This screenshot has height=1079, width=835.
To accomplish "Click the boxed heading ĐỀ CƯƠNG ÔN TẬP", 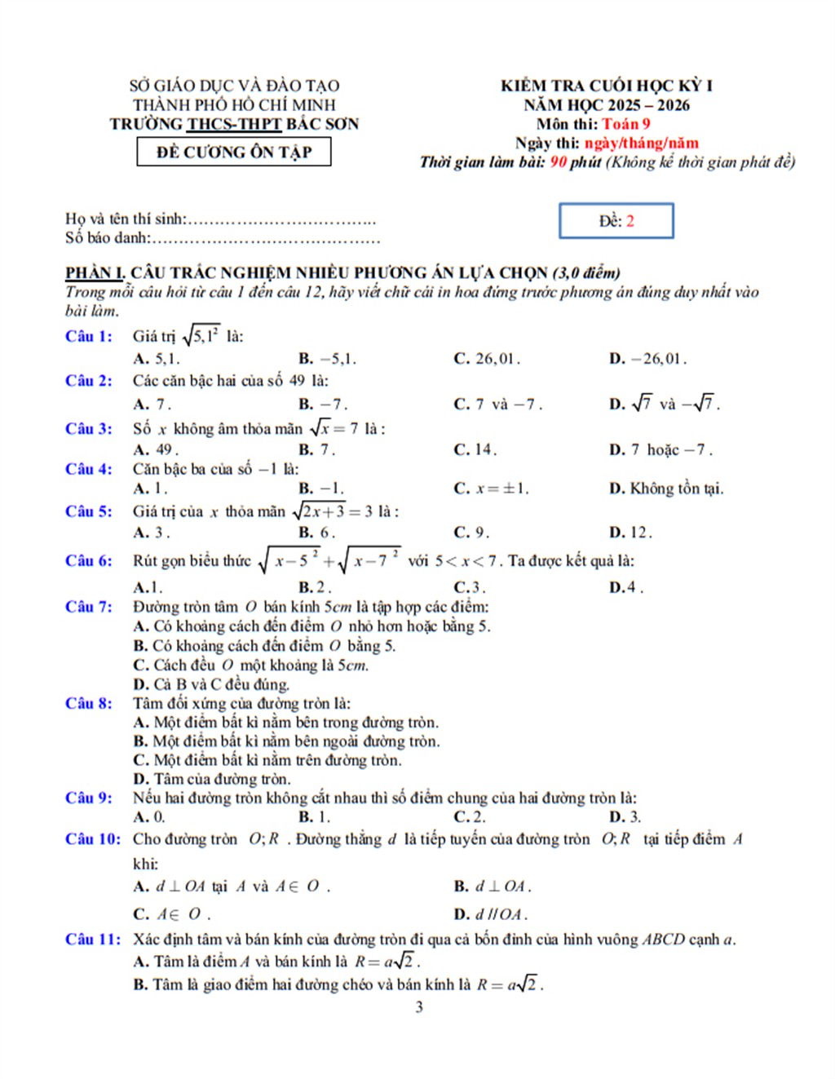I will click(234, 153).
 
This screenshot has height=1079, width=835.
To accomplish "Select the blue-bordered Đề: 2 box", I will click(616, 221).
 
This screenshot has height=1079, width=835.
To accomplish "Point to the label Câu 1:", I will click(89, 336).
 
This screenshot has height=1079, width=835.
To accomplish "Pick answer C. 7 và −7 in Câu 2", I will click(497, 404).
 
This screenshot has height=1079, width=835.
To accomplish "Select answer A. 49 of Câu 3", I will click(156, 449).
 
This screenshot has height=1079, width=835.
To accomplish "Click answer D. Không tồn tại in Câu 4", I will click(666, 489).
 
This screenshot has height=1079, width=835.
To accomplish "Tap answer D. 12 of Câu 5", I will click(630, 533).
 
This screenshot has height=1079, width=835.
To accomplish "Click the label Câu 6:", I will click(89, 560).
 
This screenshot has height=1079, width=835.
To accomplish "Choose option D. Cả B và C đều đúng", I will click(211, 684).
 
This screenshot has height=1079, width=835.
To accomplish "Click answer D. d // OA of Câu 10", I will click(491, 914).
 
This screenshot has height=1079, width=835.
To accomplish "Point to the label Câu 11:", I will click(93, 940).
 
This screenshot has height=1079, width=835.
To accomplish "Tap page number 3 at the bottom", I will click(419, 1007).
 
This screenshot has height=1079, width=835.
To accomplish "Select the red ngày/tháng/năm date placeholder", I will click(641, 144).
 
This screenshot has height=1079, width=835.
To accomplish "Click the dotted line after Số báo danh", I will click(266, 238).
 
